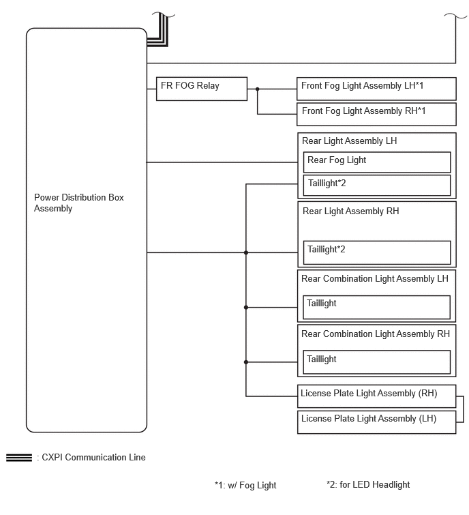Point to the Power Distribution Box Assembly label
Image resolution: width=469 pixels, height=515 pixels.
tap(79, 203)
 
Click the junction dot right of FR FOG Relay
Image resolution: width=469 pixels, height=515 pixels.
tap(257, 89)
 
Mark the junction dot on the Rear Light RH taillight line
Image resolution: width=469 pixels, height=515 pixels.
tap(246, 252)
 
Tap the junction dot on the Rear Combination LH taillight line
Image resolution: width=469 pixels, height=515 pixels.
tap(246, 308)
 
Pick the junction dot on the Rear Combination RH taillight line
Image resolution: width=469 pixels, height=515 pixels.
tap(246, 362)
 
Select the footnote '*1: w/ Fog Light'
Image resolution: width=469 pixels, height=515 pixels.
tap(245, 485)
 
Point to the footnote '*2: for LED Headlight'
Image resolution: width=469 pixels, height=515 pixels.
tap(368, 484)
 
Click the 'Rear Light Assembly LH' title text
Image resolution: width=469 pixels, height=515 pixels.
tap(349, 141)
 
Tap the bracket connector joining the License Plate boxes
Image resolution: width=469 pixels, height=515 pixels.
tap(463, 409)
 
